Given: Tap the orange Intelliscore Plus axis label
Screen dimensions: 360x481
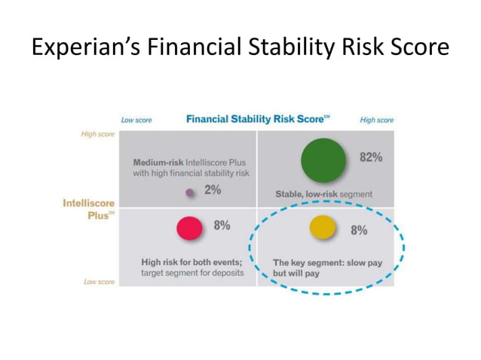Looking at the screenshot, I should [88, 208].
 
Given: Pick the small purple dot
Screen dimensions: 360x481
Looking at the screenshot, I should [190, 192].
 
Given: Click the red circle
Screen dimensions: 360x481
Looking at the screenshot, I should [188, 227].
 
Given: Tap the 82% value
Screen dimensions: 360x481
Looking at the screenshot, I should [371, 158].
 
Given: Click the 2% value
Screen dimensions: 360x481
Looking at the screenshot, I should [213, 191].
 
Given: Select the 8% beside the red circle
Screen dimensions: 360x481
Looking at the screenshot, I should [222, 225].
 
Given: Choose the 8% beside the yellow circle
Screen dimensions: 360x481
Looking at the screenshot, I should [359, 230].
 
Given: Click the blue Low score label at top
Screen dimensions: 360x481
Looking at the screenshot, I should [137, 120].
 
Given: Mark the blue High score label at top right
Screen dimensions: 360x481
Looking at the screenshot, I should [376, 120].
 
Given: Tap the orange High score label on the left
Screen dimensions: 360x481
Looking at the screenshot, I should [98, 134].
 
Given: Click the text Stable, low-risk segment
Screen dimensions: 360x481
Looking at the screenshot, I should [323, 194].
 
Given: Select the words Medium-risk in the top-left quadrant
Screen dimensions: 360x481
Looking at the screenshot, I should [159, 162].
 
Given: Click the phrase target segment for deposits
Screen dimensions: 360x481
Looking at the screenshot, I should [192, 273].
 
